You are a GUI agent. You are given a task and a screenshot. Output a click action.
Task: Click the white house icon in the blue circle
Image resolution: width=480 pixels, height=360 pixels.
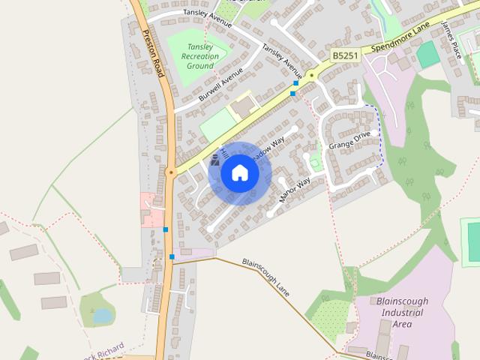(240, 173)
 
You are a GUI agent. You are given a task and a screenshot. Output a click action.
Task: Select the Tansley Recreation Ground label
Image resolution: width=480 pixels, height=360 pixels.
(200, 56)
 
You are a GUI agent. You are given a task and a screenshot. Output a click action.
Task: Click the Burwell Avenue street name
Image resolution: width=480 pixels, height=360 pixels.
(220, 87)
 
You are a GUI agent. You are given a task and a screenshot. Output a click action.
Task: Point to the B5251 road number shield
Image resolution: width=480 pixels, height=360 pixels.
(345, 56)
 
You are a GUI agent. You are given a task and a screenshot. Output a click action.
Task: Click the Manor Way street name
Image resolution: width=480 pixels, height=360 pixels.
(295, 191)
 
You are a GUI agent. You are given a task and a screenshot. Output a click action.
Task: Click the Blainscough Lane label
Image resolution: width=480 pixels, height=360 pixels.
(265, 276)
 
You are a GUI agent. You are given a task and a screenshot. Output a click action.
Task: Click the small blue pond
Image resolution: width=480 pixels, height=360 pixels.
(103, 316)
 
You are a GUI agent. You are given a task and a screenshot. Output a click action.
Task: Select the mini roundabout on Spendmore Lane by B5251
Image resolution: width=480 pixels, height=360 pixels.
(310, 74)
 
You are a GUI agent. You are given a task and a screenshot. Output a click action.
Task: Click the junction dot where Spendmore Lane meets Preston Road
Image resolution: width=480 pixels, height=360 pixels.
(172, 172)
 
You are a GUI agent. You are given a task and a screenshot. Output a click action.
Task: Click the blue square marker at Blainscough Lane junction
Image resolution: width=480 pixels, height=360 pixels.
(172, 257)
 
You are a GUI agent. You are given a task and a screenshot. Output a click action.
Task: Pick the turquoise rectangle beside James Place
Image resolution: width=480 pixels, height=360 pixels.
(427, 55)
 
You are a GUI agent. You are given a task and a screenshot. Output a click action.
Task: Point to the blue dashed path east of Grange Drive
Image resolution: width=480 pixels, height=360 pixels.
(380, 135)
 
